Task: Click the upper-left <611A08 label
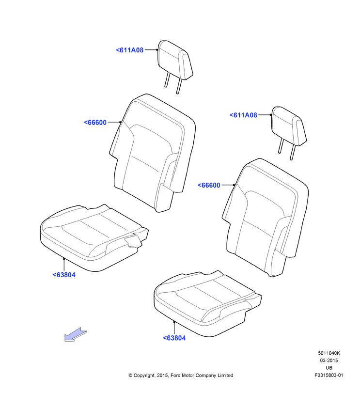129,50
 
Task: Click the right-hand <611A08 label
243,115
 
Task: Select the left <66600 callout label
95,123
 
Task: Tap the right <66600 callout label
209,185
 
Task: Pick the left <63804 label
64,275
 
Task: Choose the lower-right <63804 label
174,338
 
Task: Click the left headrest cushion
175,60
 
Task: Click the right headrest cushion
289,126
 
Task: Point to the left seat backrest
152,153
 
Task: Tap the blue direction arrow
76,334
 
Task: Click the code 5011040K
329,353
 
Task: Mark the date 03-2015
329,361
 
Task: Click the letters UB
329,368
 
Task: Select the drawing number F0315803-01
329,375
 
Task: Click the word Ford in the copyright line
175,375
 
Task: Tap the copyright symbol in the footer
130,376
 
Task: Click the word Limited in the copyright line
225,375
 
